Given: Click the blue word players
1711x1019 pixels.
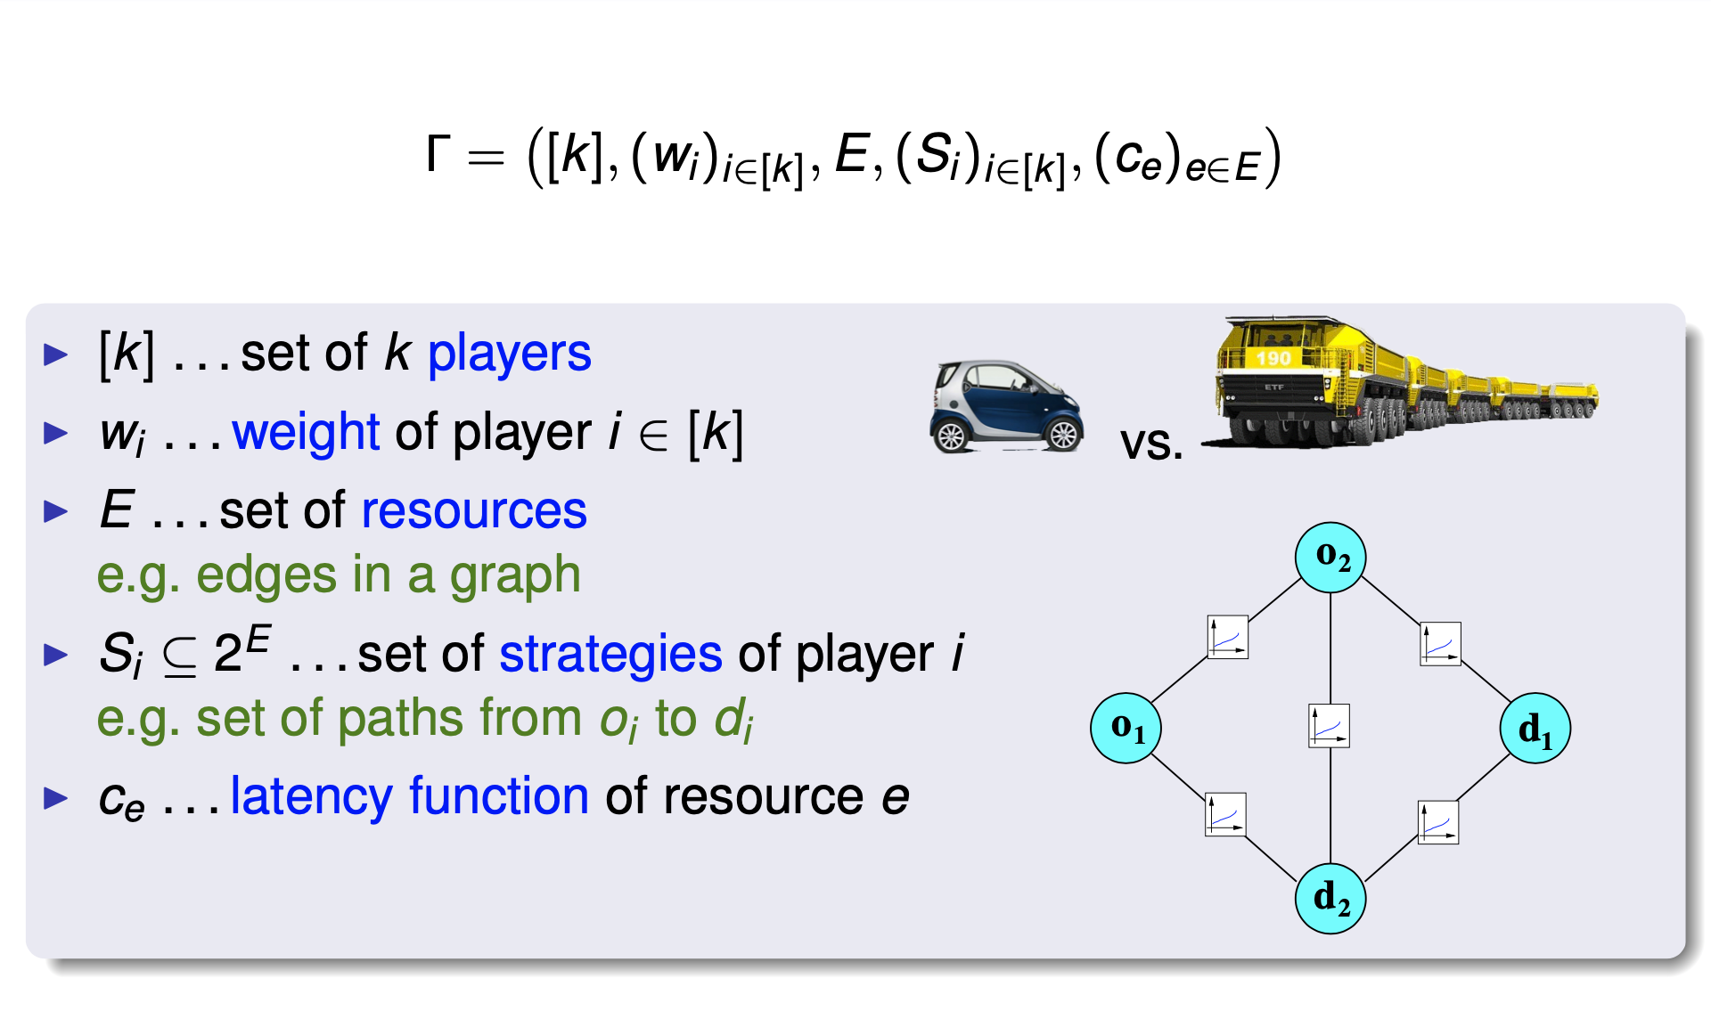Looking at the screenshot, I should click(x=509, y=354).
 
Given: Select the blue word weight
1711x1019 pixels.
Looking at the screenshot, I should click(x=306, y=433).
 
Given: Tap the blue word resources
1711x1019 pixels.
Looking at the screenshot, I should click(x=474, y=511).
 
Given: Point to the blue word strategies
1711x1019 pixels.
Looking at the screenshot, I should click(x=610, y=655).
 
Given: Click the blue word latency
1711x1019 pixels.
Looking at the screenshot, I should click(x=311, y=796).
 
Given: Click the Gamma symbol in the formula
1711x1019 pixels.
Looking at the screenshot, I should click(x=438, y=154).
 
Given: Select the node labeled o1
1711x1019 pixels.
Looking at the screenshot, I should click(x=1126, y=728).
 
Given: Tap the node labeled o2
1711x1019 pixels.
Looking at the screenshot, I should click(x=1330, y=558).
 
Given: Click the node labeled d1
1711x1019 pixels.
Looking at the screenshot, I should click(x=1535, y=729).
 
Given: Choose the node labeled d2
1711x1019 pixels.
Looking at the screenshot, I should click(x=1330, y=898).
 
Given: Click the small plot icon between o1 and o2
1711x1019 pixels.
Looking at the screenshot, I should click(x=1227, y=637).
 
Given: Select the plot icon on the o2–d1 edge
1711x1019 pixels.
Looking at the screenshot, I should click(x=1440, y=644).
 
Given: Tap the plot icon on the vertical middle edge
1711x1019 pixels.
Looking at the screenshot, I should click(x=1329, y=726).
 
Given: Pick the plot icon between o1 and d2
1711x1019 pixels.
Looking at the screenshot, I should click(x=1225, y=814).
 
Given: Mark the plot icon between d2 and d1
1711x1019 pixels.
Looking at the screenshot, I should click(x=1437, y=822).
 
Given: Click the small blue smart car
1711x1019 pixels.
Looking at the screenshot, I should click(x=1006, y=407).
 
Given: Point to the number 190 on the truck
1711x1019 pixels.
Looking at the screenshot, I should click(x=1273, y=358).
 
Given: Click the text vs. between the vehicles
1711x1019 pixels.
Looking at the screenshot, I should click(x=1151, y=443).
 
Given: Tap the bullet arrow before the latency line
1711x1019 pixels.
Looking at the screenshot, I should click(x=56, y=797).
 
